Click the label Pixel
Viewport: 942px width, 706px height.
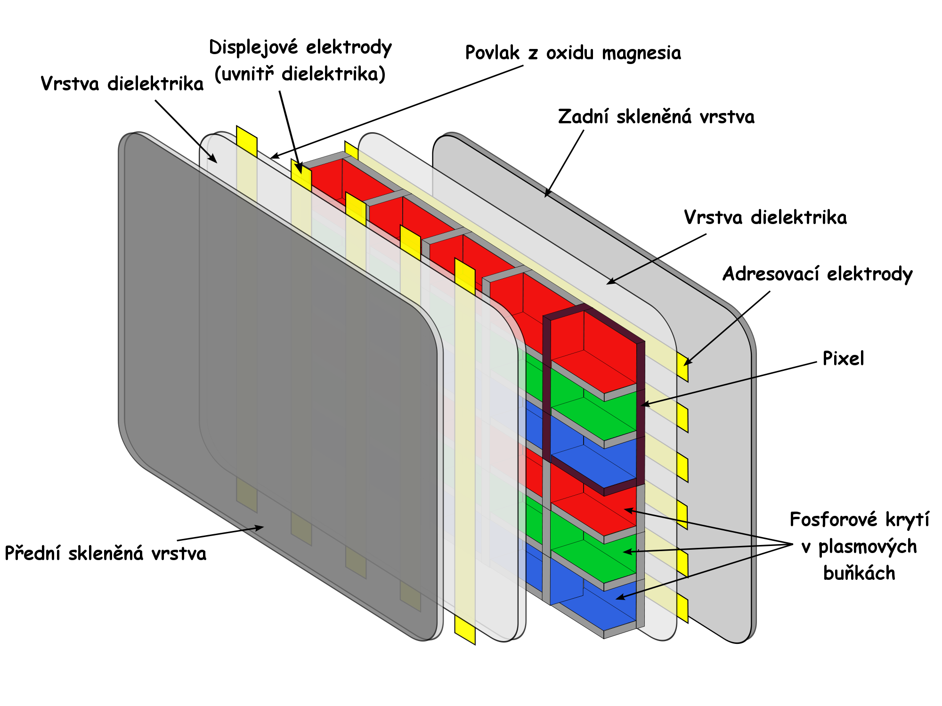click(843, 359)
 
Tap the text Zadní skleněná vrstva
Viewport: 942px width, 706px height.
click(656, 117)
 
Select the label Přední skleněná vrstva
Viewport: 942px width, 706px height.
click(106, 553)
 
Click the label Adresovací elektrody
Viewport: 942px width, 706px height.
click(818, 274)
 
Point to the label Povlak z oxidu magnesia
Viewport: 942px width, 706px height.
click(573, 53)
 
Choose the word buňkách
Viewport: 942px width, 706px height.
click(859, 573)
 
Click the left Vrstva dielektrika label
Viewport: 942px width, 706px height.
click(122, 84)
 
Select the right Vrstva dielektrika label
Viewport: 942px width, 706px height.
click(765, 217)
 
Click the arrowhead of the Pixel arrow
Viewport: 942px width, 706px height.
click(643, 404)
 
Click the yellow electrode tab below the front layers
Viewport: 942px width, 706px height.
click(465, 631)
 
